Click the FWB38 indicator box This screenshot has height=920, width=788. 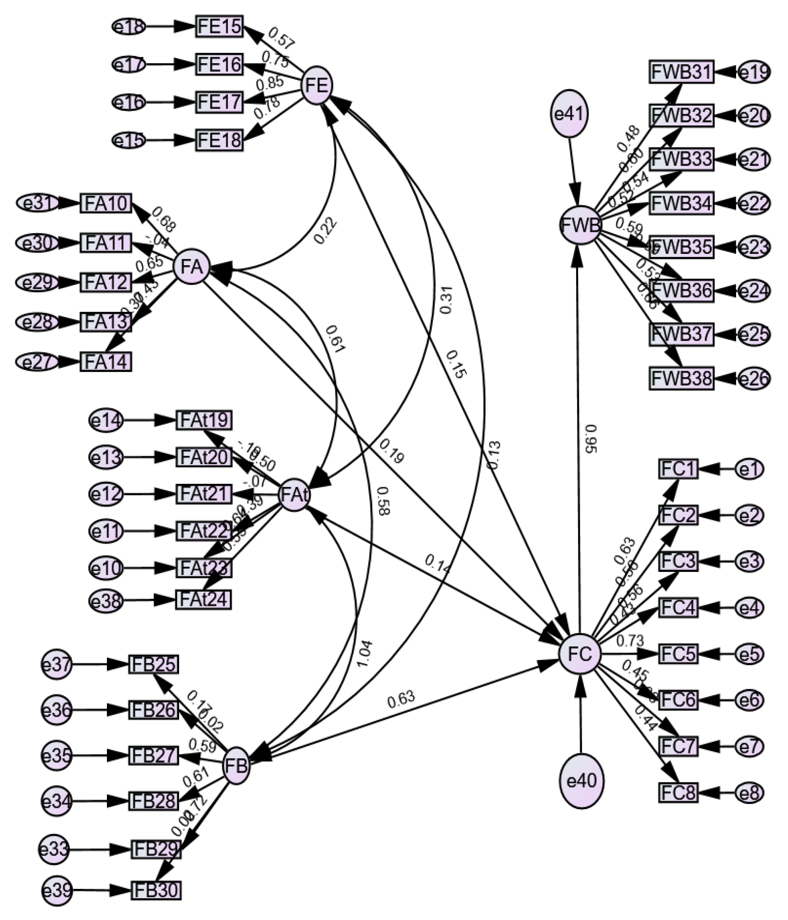pyautogui.click(x=681, y=378)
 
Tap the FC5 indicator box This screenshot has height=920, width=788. pyautogui.click(x=678, y=654)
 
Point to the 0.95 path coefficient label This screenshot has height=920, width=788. pyautogui.click(x=590, y=439)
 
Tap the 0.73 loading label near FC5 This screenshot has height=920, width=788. pyautogui.click(x=630, y=641)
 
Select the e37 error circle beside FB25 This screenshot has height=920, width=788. pyautogui.click(x=56, y=665)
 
